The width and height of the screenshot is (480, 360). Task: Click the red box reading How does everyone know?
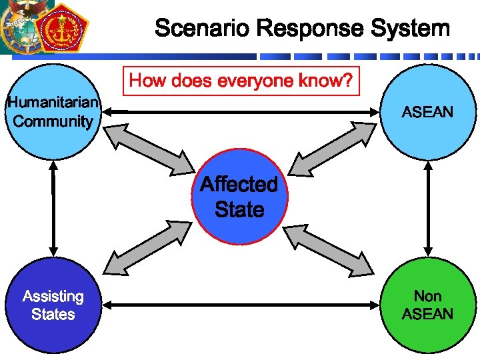point(241,81)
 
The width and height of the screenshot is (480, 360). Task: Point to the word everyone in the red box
point(254,81)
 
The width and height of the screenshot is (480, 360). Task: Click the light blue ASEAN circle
point(427,111)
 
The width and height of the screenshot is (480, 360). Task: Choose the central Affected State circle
point(239,197)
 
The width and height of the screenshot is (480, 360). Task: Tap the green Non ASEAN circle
point(427,305)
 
